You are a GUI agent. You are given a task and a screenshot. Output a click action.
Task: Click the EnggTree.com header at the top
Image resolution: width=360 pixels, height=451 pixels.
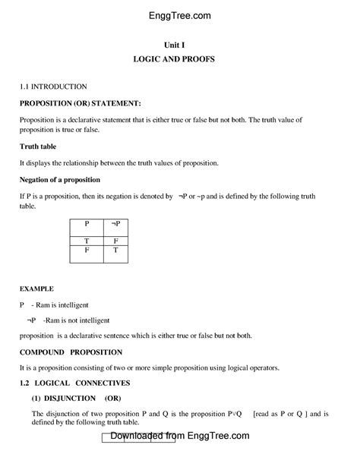point(180,15)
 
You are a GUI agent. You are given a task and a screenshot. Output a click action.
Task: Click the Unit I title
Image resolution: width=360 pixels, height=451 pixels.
point(179,46)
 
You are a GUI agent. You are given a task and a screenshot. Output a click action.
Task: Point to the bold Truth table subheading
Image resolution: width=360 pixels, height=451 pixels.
point(43,147)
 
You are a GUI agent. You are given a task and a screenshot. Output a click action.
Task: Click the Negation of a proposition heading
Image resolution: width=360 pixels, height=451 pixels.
point(70,180)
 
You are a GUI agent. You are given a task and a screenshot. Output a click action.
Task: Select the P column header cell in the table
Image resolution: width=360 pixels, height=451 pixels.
point(87,225)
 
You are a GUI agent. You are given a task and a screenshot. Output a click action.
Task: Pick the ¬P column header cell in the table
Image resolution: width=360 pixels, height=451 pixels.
point(115,225)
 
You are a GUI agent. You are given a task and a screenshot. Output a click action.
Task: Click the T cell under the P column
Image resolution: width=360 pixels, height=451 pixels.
point(87,240)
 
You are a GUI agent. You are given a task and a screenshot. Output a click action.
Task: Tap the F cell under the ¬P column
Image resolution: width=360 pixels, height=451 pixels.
point(115,240)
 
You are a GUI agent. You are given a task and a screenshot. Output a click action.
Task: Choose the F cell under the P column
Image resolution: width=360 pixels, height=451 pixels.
point(87,249)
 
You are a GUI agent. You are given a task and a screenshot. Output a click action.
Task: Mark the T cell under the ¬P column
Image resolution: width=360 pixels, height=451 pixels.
point(115,249)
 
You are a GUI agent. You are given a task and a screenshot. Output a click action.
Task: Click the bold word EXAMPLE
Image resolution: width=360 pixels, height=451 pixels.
point(36,289)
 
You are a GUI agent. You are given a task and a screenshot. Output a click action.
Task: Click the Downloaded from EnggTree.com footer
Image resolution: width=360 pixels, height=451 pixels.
point(180,437)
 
